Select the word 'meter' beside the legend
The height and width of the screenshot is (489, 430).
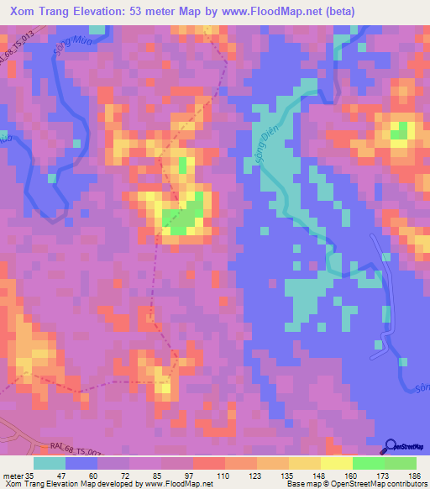coord(13,476)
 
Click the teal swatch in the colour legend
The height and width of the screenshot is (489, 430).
coord(50,463)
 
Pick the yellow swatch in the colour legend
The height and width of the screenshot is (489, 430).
coord(337,463)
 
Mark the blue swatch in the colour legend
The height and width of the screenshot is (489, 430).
coord(81,463)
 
